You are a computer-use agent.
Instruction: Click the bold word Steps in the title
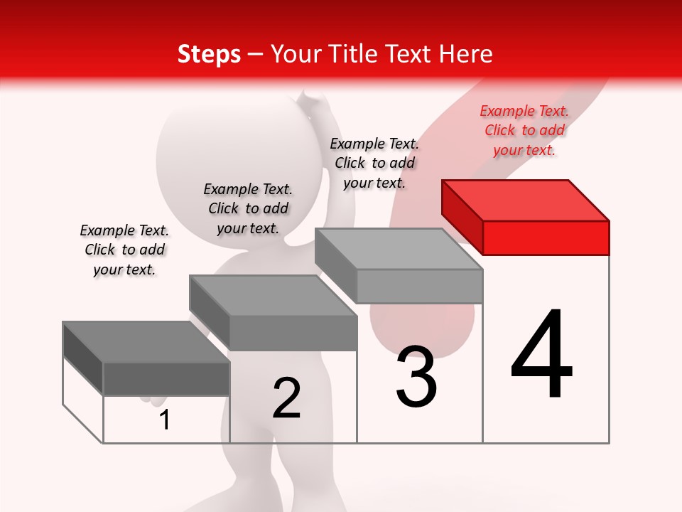[209, 54]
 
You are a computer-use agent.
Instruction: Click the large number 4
[541, 356]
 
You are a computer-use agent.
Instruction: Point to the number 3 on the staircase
[416, 377]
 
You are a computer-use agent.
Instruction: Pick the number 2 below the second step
[286, 398]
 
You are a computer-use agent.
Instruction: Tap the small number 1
[165, 420]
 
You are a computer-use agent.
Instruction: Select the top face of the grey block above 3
[398, 249]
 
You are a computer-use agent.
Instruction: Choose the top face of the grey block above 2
[273, 295]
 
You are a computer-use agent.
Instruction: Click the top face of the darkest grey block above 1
[146, 342]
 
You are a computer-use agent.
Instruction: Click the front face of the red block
[546, 238]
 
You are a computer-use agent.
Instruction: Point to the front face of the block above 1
[166, 379]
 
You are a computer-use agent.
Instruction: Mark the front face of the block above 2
[293, 333]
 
